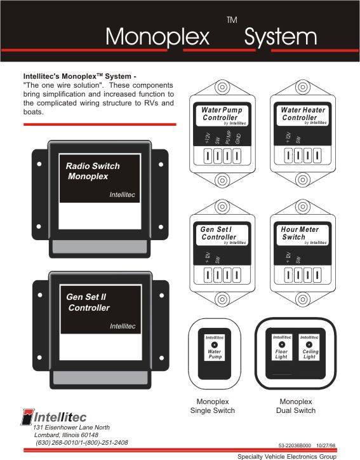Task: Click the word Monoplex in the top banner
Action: [157, 36]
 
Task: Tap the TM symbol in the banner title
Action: [232, 20]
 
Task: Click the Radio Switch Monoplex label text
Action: [93, 171]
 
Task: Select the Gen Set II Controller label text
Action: [88, 302]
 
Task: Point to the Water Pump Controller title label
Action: [222, 114]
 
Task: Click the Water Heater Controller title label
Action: [303, 114]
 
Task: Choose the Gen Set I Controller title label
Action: [218, 233]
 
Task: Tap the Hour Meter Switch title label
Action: [300, 233]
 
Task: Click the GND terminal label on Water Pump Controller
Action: [238, 139]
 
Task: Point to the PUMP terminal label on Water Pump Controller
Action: [228, 137]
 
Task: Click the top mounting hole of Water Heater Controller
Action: [303, 87]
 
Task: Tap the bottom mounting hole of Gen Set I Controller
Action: [222, 299]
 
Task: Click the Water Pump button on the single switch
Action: [215, 348]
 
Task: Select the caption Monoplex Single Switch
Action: [213, 406]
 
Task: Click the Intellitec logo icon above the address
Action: [27, 417]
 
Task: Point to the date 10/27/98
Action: [326, 445]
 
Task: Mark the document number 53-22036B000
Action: [295, 445]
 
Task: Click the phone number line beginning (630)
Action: [82, 442]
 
